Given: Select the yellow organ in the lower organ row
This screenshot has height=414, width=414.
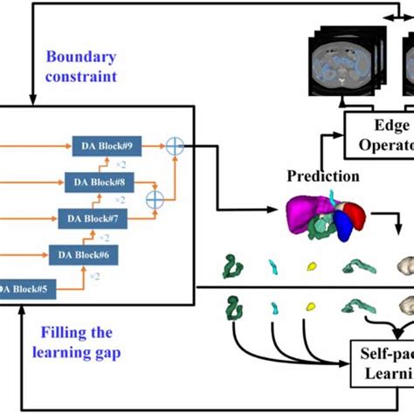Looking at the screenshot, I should click(311, 307).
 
